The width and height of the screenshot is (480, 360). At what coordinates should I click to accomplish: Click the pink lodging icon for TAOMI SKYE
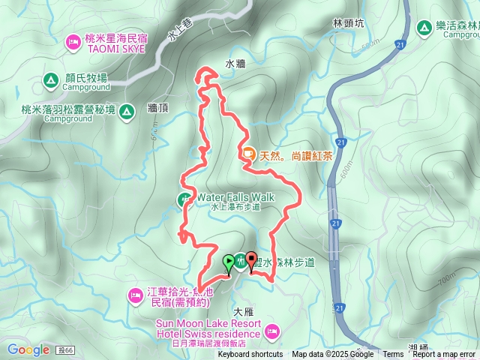[73, 40]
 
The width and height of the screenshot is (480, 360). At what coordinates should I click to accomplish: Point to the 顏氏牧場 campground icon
[50, 78]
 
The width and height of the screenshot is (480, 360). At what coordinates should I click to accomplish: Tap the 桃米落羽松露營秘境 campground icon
[127, 112]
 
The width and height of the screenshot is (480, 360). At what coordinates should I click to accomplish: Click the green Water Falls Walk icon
[184, 199]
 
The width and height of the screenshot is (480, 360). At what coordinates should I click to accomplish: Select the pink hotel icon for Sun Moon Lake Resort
[271, 329]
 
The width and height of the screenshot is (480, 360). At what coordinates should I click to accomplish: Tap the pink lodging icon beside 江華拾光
[135, 295]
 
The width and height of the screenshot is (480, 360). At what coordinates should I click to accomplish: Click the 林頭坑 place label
[348, 24]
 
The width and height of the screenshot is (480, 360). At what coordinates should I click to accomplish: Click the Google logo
[28, 349]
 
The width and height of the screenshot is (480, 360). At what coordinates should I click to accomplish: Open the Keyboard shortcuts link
[250, 355]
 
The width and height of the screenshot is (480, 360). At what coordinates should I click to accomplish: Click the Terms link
[393, 355]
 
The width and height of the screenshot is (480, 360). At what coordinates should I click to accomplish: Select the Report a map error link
[444, 355]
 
